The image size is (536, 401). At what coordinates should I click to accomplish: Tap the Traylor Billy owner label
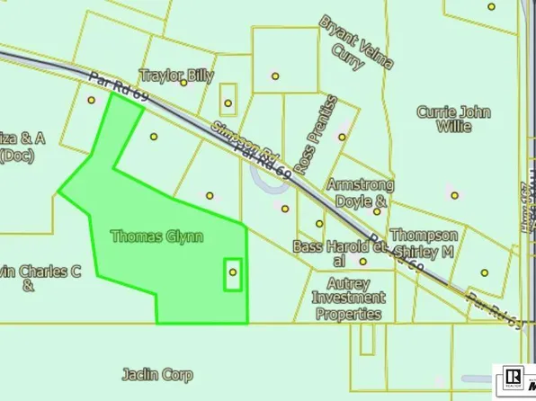(177, 76)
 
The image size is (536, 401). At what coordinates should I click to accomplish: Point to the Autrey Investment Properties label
(349, 298)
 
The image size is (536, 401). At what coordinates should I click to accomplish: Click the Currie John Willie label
(453, 119)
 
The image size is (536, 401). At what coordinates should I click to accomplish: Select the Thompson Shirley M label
(423, 244)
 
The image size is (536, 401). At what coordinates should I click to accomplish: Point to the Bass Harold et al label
(331, 253)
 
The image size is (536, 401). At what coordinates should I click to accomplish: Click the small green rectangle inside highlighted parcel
(233, 273)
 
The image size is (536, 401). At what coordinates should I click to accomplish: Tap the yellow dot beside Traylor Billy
(183, 83)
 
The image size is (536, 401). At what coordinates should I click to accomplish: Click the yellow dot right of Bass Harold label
(363, 262)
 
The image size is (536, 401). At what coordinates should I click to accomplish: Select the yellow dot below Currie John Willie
(454, 195)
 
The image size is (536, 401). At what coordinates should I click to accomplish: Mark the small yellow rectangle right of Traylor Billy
(228, 97)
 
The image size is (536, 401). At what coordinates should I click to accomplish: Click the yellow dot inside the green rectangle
(233, 272)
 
